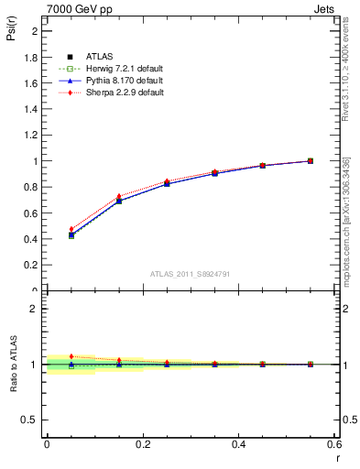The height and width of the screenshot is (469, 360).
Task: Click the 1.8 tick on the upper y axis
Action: coord(31,57)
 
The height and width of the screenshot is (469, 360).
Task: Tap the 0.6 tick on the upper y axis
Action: coord(31,213)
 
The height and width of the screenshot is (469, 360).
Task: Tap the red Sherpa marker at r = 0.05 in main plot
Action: coord(71,229)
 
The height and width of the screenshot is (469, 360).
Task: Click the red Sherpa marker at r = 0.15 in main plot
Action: coord(118,196)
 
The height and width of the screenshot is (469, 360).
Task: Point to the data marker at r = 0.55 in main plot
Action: coord(311,161)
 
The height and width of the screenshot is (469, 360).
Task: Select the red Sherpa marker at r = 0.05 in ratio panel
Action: coord(71,356)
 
